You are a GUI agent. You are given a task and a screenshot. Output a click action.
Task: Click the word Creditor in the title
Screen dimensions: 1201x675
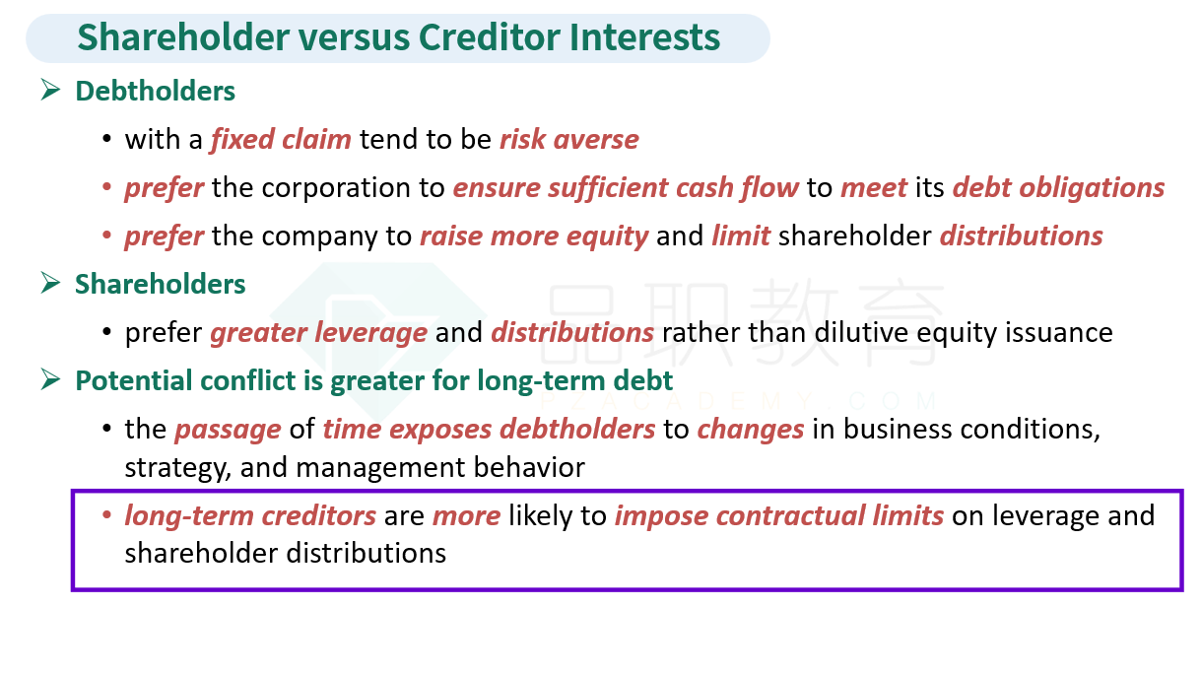click(490, 37)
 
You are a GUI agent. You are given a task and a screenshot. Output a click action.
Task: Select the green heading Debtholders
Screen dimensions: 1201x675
click(155, 91)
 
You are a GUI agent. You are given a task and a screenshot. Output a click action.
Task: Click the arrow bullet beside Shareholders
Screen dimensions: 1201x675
click(50, 283)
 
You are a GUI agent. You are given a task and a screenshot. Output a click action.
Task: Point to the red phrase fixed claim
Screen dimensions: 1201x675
click(281, 139)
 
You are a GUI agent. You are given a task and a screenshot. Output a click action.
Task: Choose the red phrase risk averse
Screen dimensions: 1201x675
click(569, 139)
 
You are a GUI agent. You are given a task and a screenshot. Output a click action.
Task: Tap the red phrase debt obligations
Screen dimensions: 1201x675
click(1058, 188)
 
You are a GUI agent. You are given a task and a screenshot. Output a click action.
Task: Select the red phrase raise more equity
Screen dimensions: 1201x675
click(534, 236)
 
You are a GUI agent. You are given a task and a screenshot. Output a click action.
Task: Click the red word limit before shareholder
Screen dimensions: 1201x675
click(741, 236)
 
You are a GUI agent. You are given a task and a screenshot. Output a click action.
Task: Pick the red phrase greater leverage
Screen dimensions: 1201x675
click(319, 333)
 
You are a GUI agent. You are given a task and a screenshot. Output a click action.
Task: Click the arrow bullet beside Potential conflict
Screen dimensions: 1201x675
click(50, 379)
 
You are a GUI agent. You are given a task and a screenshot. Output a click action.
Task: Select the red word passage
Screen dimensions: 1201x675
click(228, 430)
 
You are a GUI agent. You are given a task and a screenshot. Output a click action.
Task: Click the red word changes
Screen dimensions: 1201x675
click(750, 430)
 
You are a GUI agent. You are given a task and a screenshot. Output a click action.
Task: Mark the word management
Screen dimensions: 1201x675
click(380, 467)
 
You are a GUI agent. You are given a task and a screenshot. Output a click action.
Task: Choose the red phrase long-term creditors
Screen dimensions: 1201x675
click(250, 515)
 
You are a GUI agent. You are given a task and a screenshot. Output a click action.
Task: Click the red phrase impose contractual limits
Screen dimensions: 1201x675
click(779, 515)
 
